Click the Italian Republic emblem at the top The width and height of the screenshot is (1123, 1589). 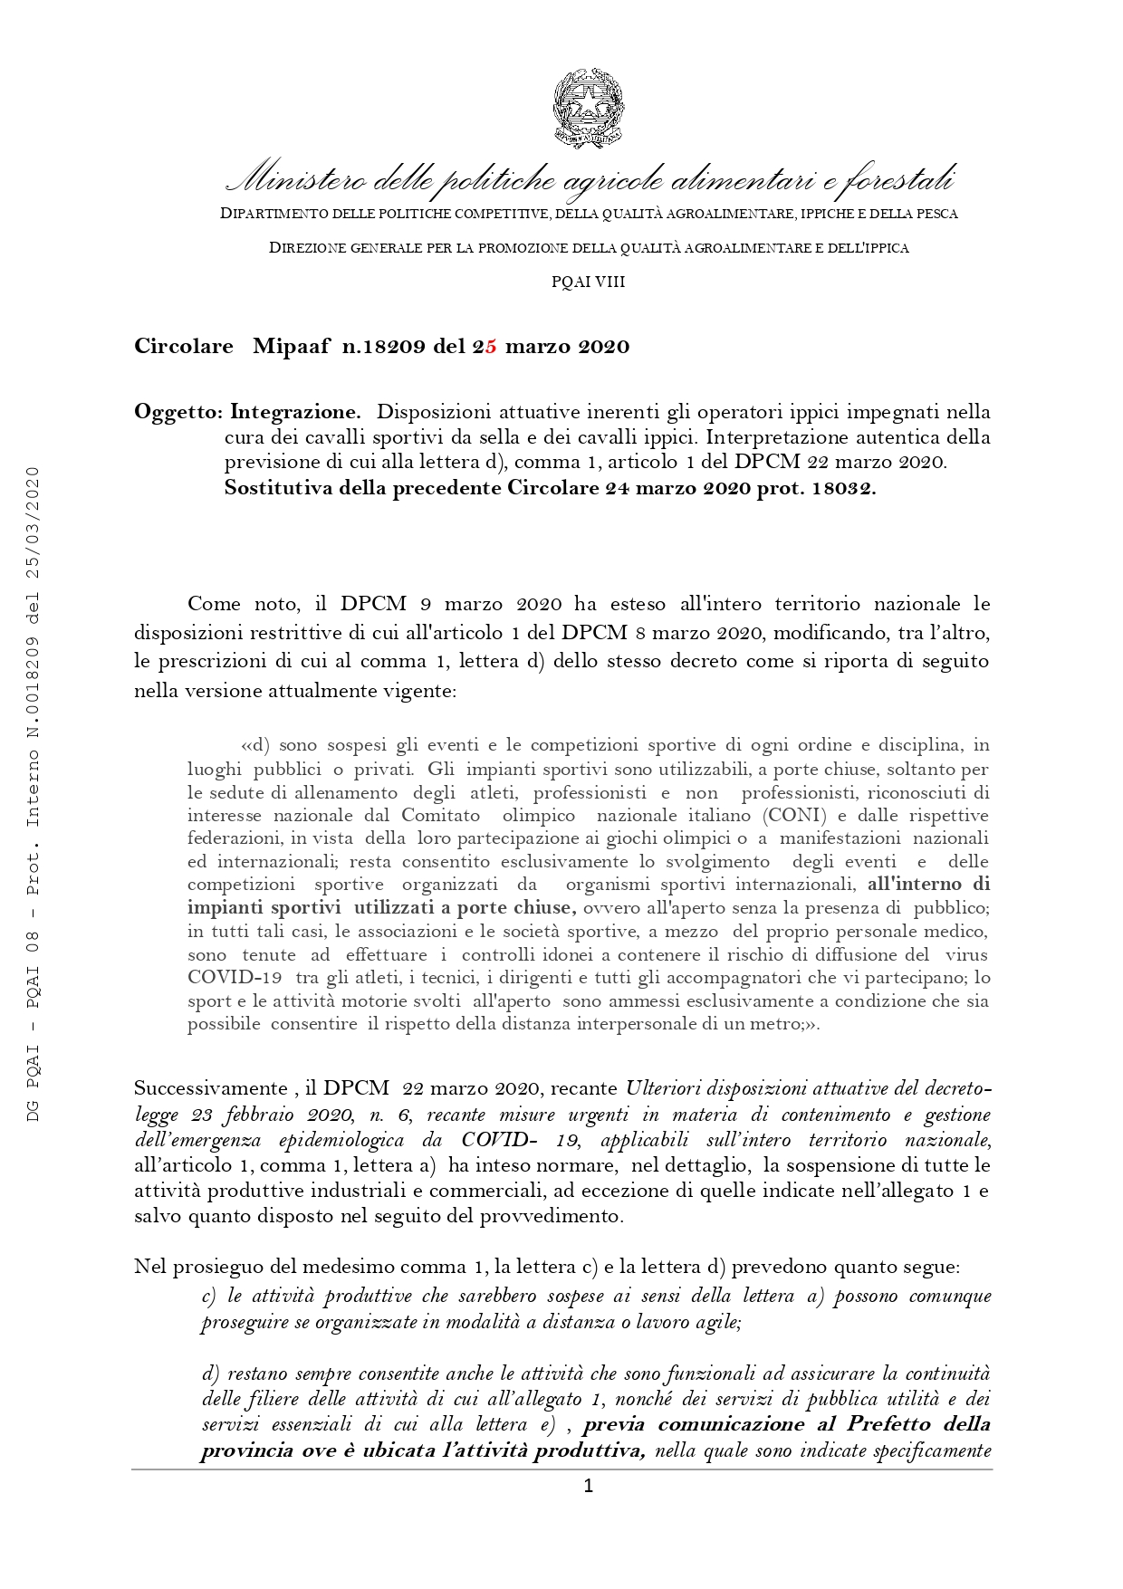click(x=588, y=108)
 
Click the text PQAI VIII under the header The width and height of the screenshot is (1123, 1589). click(x=588, y=282)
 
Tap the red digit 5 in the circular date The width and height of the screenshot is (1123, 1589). click(x=491, y=347)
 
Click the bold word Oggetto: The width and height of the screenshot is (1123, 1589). click(x=178, y=413)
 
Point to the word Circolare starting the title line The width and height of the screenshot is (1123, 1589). click(x=184, y=347)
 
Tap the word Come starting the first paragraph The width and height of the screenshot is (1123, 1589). click(x=214, y=605)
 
